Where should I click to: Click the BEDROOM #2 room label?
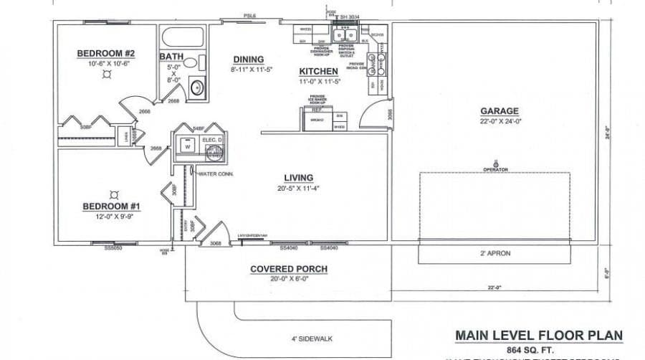[106, 54]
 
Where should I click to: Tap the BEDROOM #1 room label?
[111, 207]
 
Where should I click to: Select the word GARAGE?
[500, 111]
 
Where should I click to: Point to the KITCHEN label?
[318, 72]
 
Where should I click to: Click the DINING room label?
[248, 60]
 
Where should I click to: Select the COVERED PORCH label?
[289, 269]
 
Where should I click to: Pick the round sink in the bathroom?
[197, 88]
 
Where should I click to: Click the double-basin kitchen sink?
[347, 34]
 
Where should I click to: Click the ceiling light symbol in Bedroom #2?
[106, 74]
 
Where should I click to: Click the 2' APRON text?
[494, 253]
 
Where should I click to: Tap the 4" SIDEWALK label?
[312, 338]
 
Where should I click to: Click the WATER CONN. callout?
[216, 174]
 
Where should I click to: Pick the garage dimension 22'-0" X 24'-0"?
[500, 122]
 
